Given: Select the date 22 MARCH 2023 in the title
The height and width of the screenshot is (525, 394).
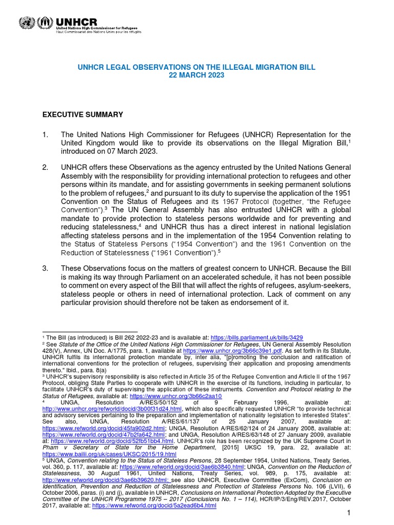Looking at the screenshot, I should point(196,75).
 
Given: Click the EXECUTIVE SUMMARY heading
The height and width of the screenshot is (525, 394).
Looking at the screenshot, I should point(82,114).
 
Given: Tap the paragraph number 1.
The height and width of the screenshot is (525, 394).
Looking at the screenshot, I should point(45,135).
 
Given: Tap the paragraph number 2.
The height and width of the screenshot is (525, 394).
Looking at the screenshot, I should point(45,167).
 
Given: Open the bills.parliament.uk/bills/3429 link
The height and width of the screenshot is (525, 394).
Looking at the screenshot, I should point(257,337).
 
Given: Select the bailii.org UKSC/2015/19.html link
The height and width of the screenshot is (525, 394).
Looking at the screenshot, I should point(109,454).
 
